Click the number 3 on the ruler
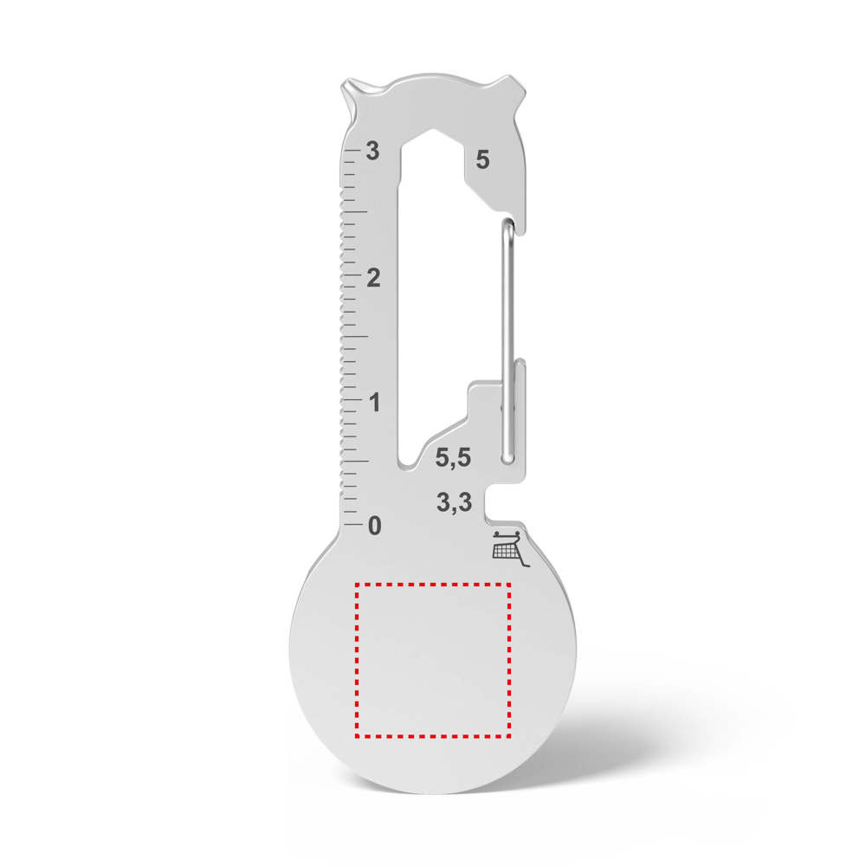click(373, 151)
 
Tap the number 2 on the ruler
click(373, 278)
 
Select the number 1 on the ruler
click(373, 403)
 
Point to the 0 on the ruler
click(374, 525)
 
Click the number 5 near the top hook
click(482, 160)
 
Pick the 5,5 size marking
click(453, 458)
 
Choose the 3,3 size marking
click(454, 501)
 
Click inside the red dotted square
click(433, 658)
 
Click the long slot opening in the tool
click(424, 303)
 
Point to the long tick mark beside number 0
click(352, 525)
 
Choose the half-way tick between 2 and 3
click(354, 211)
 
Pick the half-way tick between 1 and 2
click(354, 337)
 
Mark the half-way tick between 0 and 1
click(354, 462)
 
